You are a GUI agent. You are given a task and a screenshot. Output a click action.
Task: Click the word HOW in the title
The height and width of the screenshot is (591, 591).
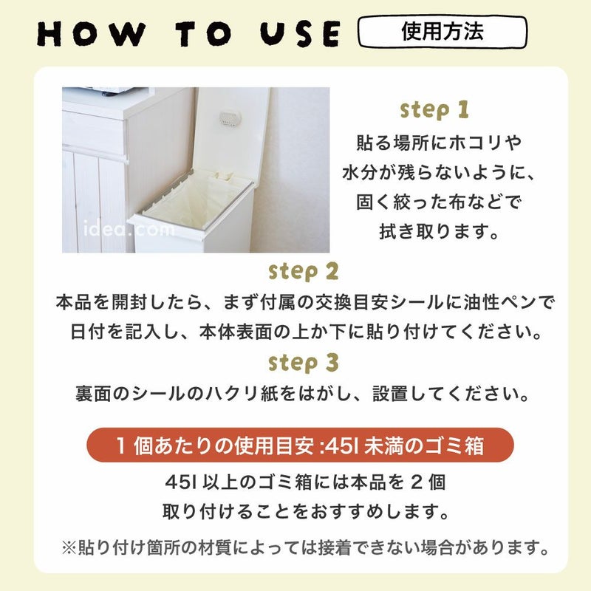88,35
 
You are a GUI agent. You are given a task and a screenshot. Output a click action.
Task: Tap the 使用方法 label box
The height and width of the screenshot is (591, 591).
443,33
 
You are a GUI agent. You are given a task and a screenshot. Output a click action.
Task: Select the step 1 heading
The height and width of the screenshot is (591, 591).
434,111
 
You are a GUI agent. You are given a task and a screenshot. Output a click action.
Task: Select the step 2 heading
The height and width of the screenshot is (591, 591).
304,271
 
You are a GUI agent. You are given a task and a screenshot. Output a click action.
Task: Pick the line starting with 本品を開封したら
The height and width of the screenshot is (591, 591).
304,302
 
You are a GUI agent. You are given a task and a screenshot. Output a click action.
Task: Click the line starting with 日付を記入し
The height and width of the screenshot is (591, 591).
304,332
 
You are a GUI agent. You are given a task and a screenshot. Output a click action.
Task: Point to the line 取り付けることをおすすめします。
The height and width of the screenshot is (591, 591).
304,511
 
